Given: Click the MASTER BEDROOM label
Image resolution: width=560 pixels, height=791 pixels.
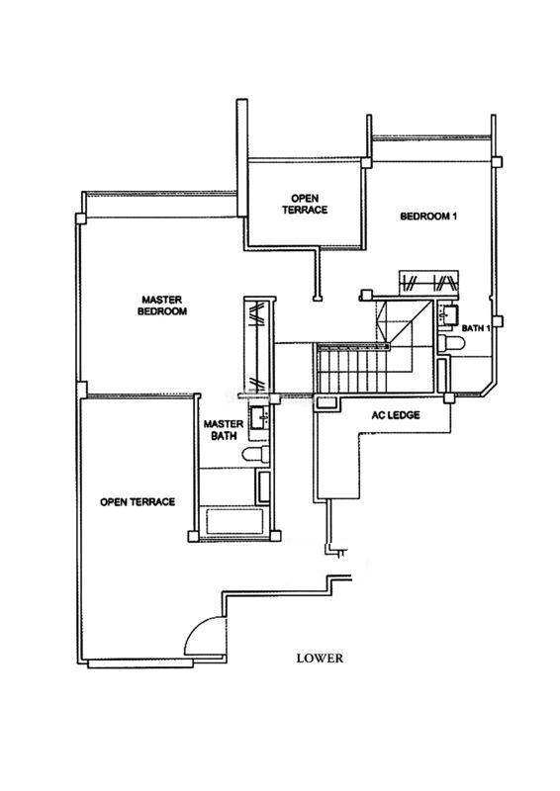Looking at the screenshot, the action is coord(162,306).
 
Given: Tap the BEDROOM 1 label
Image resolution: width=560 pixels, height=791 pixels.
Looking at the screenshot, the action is coord(428,217).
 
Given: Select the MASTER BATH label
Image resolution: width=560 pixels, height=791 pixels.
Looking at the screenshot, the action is coord(224,430).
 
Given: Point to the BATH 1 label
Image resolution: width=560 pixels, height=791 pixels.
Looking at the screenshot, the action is coord(476,328).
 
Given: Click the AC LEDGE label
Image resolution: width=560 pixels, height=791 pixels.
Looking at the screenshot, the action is coord(396,415).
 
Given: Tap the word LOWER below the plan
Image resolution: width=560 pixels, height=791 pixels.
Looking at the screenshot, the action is coord(320,659).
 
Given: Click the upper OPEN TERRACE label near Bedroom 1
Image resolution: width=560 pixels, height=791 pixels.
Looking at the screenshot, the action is coord(305,204).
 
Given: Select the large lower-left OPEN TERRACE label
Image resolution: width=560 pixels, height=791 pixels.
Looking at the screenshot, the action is coord(138,502).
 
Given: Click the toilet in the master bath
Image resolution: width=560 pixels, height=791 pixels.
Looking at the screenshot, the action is coord(256,454).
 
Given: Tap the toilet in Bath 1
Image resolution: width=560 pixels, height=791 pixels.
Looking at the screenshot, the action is coord(451,343).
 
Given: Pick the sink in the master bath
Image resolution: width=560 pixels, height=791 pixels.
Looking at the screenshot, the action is coord(259,417).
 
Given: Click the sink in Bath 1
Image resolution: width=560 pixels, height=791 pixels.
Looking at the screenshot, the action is coord(448,313).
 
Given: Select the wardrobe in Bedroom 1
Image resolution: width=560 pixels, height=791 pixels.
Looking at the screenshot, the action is coord(428,282).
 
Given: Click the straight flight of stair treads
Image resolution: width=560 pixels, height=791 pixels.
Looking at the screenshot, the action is coord(352,369).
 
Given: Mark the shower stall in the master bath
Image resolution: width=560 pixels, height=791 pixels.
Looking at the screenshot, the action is coord(263,486).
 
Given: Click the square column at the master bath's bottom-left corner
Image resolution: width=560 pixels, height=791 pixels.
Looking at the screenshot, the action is coord(193,536).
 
